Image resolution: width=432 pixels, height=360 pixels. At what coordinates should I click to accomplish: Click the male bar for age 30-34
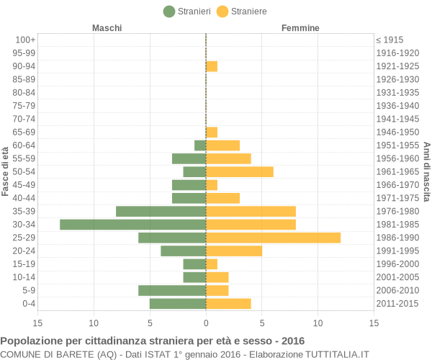[x=132, y=225]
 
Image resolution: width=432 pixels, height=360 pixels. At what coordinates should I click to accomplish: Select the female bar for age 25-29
[x=273, y=238]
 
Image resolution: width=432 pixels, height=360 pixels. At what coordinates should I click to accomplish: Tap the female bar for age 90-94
[x=212, y=66]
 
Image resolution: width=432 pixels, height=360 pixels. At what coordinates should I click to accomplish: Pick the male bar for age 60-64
[x=200, y=145]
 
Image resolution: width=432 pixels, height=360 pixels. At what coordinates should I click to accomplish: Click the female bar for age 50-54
[x=240, y=172]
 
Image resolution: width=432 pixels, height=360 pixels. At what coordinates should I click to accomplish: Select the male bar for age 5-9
[x=172, y=290]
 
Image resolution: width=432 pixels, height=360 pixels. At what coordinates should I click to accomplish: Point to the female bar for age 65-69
[x=212, y=132]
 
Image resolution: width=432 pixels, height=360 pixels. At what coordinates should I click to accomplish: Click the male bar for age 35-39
[x=161, y=212]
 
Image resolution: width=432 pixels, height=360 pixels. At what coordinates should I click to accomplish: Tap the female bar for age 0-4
[x=228, y=304]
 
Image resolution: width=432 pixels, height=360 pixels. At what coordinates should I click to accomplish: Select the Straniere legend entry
[x=242, y=12]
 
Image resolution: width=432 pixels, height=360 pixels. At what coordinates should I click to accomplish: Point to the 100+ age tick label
[x=24, y=40]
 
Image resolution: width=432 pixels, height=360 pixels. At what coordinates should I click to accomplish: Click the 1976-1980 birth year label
[x=397, y=212]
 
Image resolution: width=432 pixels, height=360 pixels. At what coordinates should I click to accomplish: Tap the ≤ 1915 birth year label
[x=390, y=40]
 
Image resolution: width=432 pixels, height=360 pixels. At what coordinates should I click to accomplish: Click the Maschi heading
[x=107, y=28]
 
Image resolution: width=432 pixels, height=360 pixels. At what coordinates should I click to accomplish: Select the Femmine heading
[x=300, y=28]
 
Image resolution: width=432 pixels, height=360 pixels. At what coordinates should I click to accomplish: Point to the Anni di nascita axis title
[x=426, y=171]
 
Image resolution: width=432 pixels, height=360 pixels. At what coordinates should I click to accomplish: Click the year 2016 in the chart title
[x=293, y=341]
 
